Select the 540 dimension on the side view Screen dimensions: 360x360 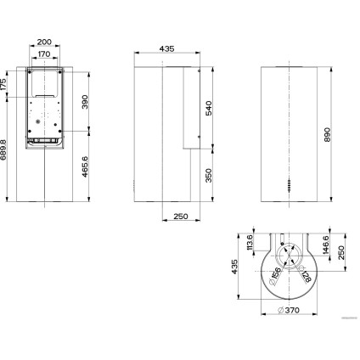[210, 108]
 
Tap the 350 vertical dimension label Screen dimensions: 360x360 [210, 176]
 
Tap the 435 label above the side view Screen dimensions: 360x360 [167, 49]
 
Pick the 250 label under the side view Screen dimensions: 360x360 [179, 217]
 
